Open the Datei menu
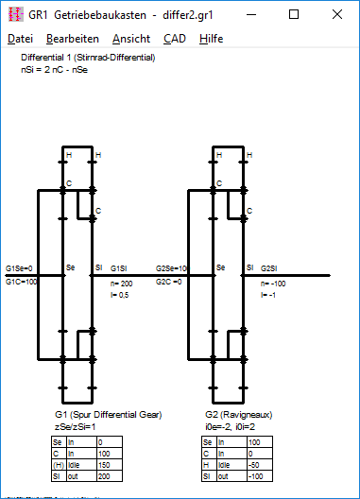tap(20, 39)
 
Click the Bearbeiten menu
tap(73, 39)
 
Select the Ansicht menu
tap(131, 39)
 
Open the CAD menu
tap(175, 39)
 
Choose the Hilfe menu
tap(211, 39)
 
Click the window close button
tap(337, 14)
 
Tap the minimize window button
tap(251, 14)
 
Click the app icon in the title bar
tap(16, 14)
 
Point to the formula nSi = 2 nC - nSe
tap(55, 70)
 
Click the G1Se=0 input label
tap(19, 268)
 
